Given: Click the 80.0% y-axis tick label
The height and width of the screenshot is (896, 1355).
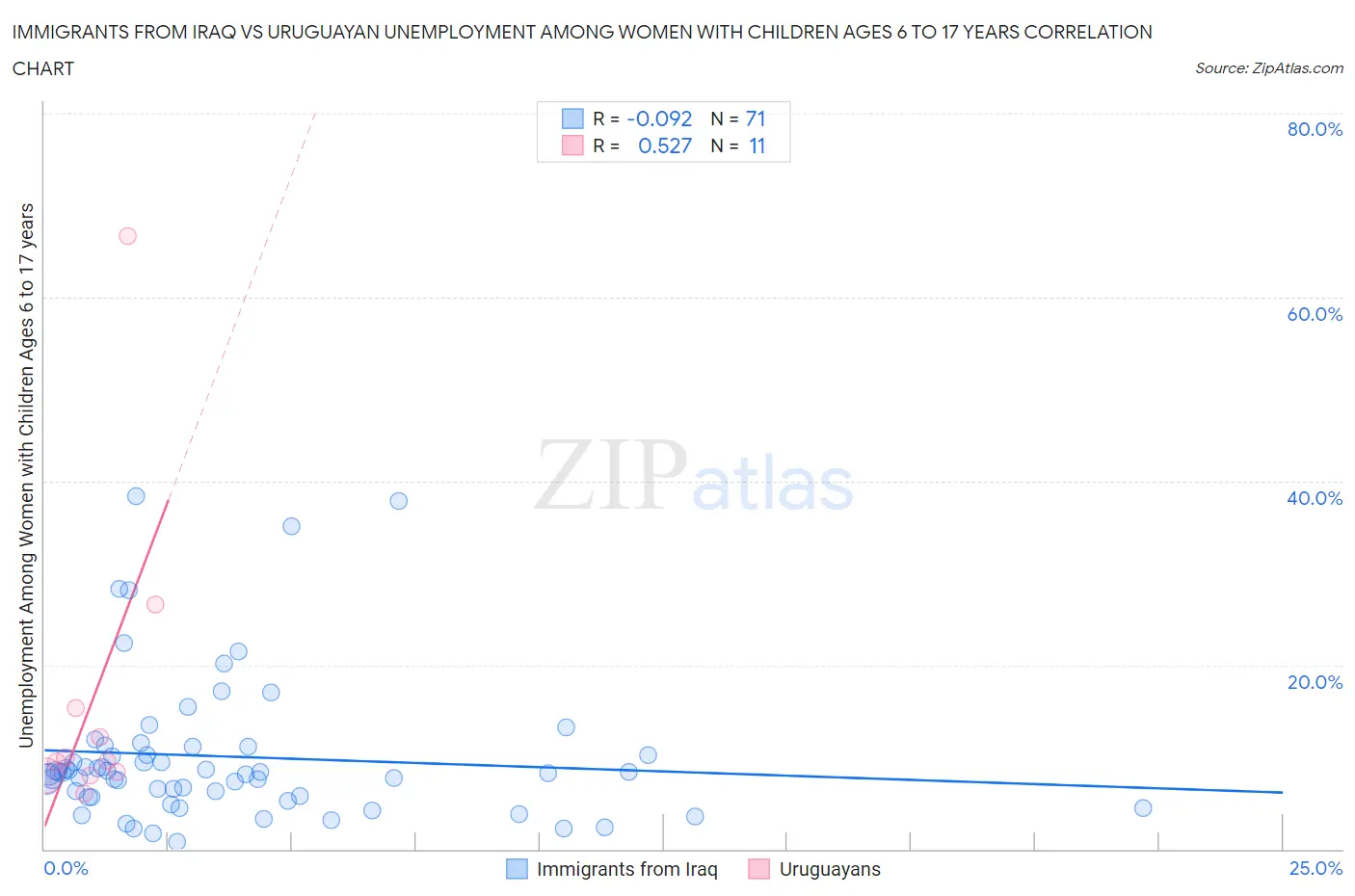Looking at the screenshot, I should pyautogui.click(x=1315, y=129).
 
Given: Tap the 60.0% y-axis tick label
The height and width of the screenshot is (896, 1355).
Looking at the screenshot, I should pyautogui.click(x=1315, y=314).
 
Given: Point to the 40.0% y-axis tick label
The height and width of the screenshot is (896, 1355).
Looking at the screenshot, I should pyautogui.click(x=1315, y=498).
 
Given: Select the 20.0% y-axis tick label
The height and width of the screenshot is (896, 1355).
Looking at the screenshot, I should pyautogui.click(x=1315, y=682).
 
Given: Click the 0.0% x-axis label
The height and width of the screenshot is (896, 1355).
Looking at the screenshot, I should pyautogui.click(x=66, y=868).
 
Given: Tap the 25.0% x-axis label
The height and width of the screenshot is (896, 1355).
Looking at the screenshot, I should pyautogui.click(x=1315, y=868).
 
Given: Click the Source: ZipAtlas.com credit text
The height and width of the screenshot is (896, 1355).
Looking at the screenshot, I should pyautogui.click(x=1268, y=67).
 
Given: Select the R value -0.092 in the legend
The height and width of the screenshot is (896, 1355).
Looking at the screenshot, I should pyautogui.click(x=659, y=119).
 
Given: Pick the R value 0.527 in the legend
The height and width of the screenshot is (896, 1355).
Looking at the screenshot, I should pyautogui.click(x=665, y=145).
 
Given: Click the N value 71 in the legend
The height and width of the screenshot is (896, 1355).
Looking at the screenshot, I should pyautogui.click(x=756, y=119).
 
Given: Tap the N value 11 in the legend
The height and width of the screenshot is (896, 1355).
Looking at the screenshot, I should pyautogui.click(x=757, y=145).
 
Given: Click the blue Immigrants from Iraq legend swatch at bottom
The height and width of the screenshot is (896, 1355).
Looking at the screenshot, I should pyautogui.click(x=518, y=869).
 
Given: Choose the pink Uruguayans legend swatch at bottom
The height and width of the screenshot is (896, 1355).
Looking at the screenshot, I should pyautogui.click(x=759, y=869).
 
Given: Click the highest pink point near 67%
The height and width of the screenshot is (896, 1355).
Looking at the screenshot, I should pyautogui.click(x=127, y=236).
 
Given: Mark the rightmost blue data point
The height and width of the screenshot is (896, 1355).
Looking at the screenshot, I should pyautogui.click(x=1143, y=808).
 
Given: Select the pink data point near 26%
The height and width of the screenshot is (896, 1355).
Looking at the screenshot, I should pyautogui.click(x=155, y=605).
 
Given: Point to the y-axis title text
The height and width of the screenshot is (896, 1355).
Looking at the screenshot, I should pyautogui.click(x=26, y=476).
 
